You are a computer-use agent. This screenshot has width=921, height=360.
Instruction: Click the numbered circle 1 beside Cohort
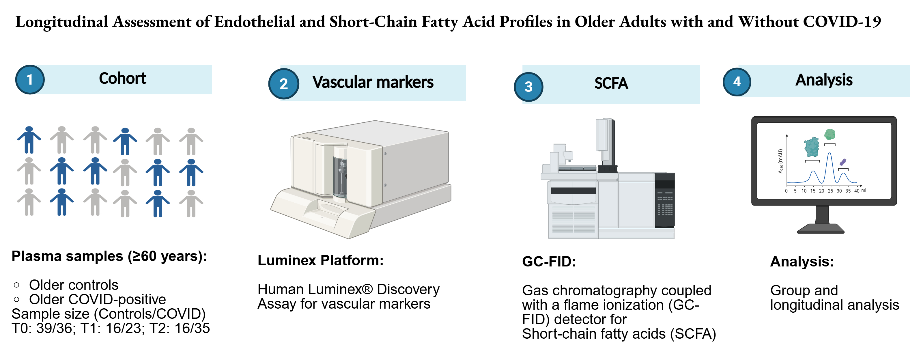point(30,79)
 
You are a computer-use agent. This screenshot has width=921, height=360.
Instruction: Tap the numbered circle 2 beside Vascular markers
point(283,84)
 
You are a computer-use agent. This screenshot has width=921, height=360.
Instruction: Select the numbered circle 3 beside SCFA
point(528,87)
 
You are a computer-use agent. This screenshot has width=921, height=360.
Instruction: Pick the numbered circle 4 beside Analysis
point(737,82)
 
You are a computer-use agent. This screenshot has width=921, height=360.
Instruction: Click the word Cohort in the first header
point(123,78)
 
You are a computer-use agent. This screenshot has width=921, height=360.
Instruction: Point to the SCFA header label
point(611,83)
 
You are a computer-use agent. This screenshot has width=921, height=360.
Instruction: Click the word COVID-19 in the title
point(842,21)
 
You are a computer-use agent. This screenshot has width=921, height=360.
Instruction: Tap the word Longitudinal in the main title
point(61,22)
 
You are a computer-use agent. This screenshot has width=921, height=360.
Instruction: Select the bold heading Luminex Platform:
point(320,260)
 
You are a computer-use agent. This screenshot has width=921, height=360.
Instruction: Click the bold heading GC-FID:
point(549,261)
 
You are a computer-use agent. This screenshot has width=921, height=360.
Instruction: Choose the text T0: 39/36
point(42,328)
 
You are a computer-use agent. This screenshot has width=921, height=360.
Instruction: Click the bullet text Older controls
point(74,285)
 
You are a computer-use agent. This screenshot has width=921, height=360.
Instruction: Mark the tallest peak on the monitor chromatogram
point(830,153)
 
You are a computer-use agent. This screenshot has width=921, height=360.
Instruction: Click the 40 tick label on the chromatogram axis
point(857,191)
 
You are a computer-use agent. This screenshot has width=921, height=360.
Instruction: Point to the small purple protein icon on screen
point(843,162)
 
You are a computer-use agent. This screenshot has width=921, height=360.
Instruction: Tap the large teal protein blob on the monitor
point(812,147)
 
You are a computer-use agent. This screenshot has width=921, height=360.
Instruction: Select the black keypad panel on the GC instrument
point(665,200)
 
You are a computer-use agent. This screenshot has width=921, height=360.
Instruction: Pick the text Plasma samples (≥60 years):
point(109,256)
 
